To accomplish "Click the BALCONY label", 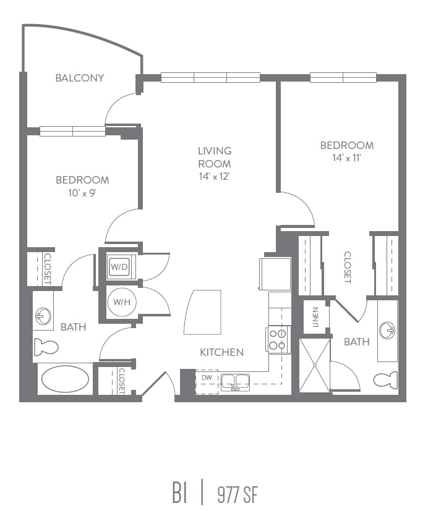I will coord(79,78).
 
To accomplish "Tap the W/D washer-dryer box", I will coord(118,267).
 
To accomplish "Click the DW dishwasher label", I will coord(206,376).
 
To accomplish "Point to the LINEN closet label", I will coord(315,317).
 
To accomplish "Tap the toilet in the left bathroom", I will coord(46,347).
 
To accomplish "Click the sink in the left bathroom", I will coord(43,316).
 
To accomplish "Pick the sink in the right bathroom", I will coord(387,330).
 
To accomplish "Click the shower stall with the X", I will coord(315,365).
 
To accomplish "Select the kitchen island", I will coord(202,312).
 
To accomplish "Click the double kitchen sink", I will coord(236,382).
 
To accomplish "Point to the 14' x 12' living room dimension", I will coord(214,176).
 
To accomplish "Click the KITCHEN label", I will coord(221,352).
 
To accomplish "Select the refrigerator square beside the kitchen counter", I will coord(275,273).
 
